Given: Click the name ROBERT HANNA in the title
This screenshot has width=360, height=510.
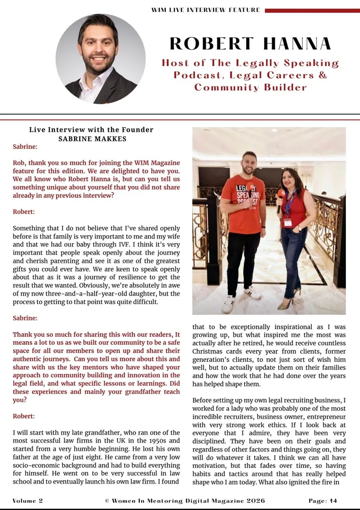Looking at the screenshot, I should tap(250, 44).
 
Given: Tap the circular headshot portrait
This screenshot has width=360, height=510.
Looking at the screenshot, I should tap(101, 59).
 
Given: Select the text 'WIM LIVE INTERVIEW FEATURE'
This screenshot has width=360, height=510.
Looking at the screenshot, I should tap(206, 10).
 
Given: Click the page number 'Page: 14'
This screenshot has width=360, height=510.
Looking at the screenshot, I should tap(323, 501).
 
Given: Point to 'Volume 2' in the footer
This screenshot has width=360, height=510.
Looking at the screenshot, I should tap(28, 501).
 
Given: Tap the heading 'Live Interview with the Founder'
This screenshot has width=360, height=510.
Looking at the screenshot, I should tap(91, 129).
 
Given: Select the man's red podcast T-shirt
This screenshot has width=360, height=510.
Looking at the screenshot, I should tap(243, 203).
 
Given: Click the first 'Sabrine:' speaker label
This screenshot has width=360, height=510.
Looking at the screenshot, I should tap(25, 147).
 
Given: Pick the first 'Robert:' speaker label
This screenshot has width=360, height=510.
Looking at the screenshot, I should tap(24, 212).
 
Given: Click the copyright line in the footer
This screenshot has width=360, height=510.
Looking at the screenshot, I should tap(185, 501).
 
